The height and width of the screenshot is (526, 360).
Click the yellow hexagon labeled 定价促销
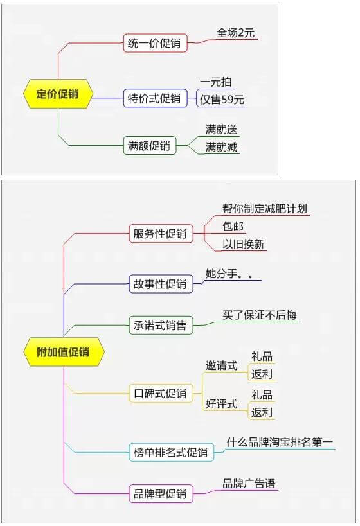(58, 94)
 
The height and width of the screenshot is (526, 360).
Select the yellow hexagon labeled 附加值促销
(64, 352)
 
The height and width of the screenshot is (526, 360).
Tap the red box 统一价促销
(155, 43)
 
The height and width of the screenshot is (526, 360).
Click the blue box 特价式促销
(155, 98)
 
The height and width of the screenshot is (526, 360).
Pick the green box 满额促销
(150, 146)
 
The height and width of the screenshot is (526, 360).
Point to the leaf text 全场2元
(236, 33)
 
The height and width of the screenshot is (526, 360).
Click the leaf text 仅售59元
(222, 100)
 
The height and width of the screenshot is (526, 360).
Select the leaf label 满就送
(221, 130)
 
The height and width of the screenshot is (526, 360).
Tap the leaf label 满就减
(221, 147)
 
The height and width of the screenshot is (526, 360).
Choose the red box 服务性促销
(161, 234)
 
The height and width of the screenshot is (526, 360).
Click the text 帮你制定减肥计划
(265, 208)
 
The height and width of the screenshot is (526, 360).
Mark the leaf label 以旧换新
(244, 244)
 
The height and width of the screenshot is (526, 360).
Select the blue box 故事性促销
(161, 284)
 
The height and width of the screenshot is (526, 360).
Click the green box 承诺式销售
(161, 325)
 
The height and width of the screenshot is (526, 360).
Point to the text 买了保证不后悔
(260, 315)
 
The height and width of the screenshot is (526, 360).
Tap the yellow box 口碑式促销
(161, 393)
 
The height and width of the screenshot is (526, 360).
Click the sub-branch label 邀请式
(221, 365)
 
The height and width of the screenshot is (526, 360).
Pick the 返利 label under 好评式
(262, 412)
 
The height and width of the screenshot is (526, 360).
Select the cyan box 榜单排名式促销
(171, 452)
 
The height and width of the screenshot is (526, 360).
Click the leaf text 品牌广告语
(249, 484)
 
